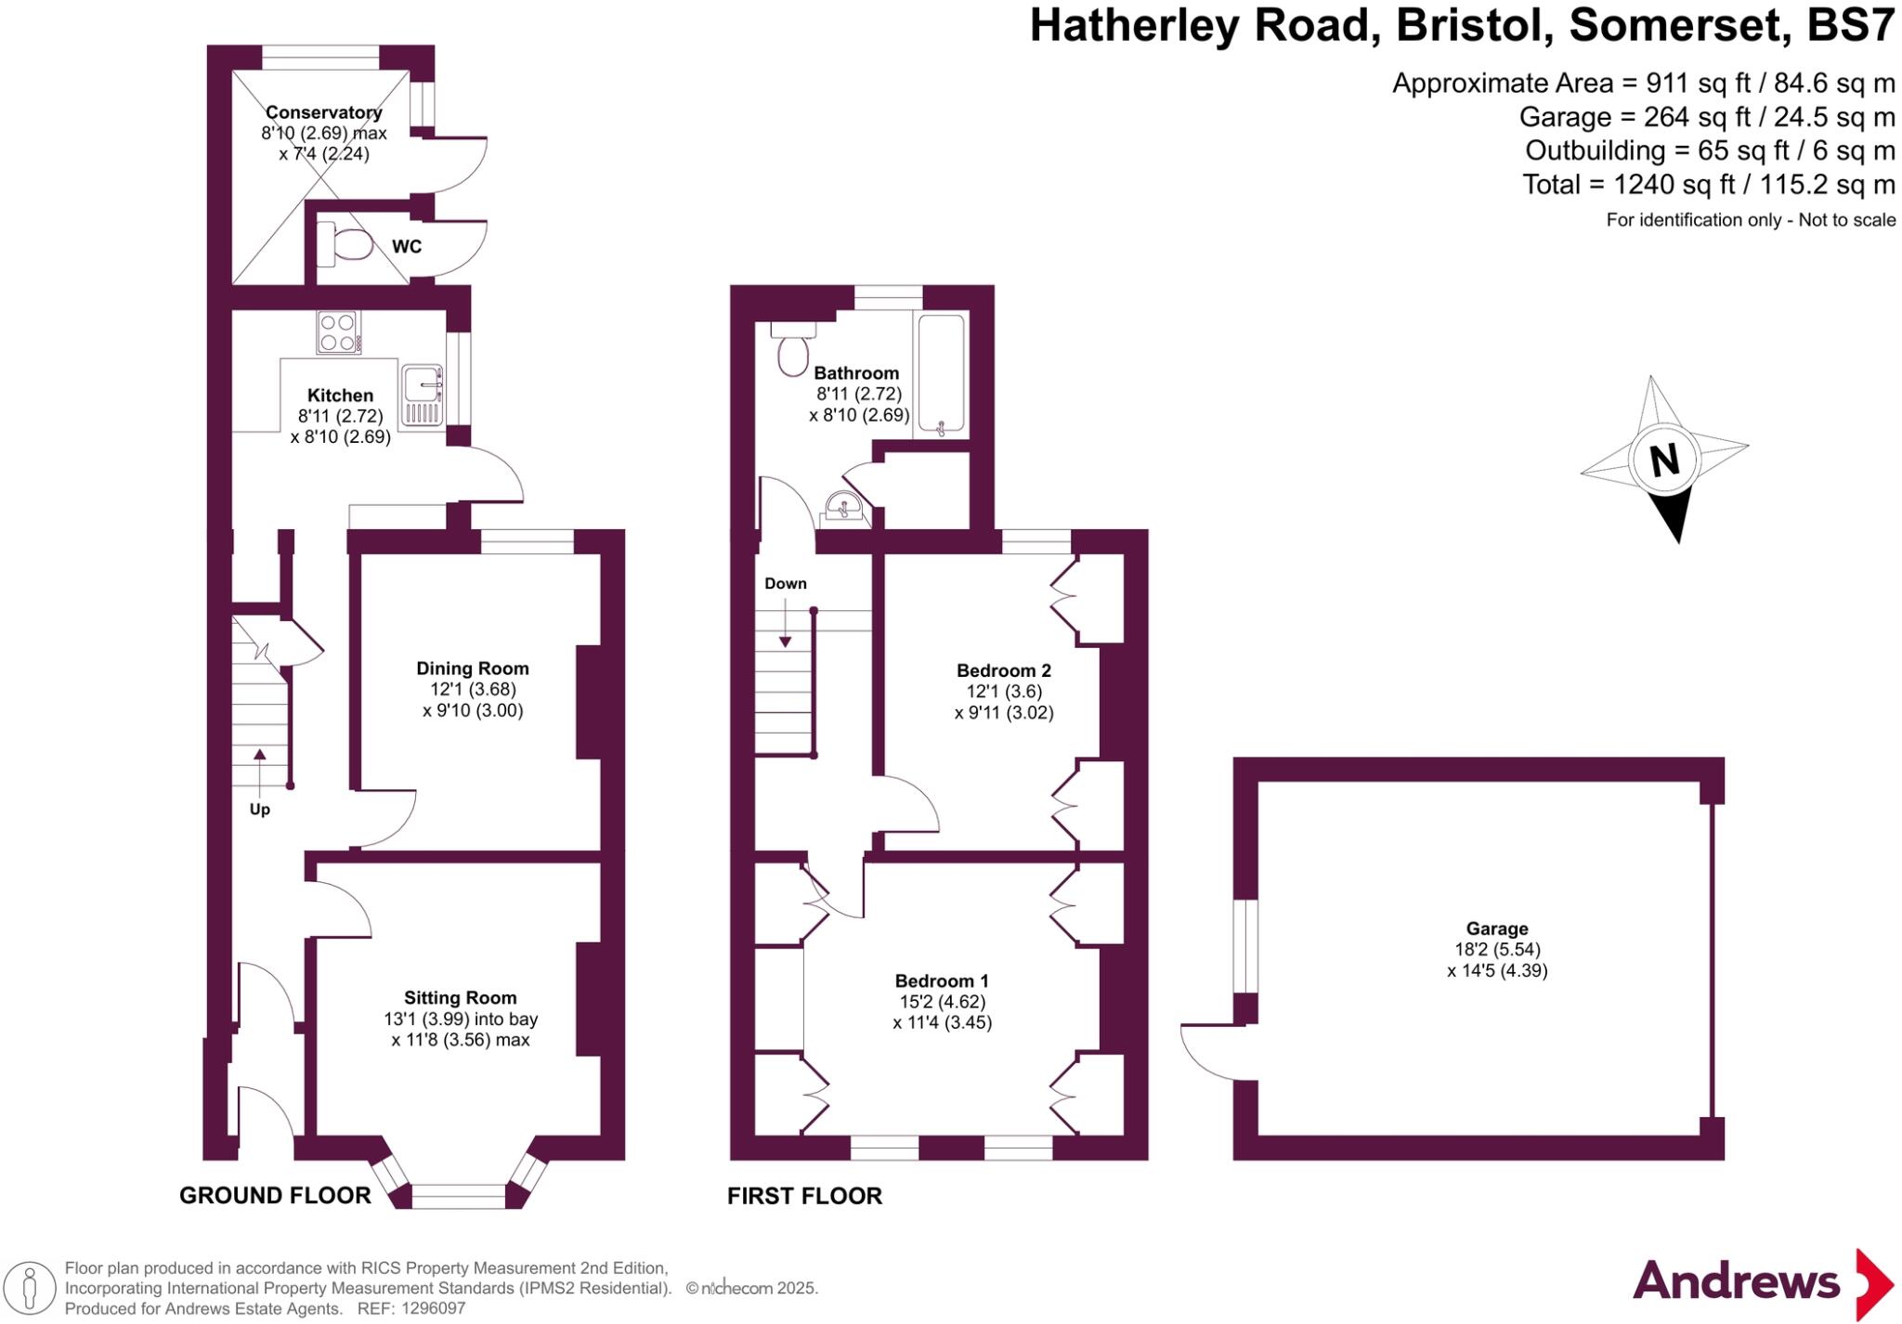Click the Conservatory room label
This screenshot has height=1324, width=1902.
pos(323,112)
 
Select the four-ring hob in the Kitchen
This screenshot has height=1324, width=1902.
pos(339,332)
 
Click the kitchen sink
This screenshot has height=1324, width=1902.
pos(423,396)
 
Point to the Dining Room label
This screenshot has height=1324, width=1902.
pos(472,668)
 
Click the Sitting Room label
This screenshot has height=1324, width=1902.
pos(460,998)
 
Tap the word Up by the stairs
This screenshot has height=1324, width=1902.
pos(260,810)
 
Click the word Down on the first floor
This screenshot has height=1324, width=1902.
pos(786,584)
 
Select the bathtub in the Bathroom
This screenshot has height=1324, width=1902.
pos(941,376)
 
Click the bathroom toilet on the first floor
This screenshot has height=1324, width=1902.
pos(792,351)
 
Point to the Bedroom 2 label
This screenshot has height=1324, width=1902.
pos(1004,670)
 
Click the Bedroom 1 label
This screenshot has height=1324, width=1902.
pos(942,981)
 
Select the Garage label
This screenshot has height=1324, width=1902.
pos(1497,928)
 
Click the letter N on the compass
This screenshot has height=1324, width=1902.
pos(1664,460)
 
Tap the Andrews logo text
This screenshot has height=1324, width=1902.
pos(1736,1282)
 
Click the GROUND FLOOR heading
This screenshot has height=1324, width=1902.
pos(275,1196)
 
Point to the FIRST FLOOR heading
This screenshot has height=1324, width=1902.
pos(804,1196)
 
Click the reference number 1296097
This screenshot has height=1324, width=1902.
pos(433,1308)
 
